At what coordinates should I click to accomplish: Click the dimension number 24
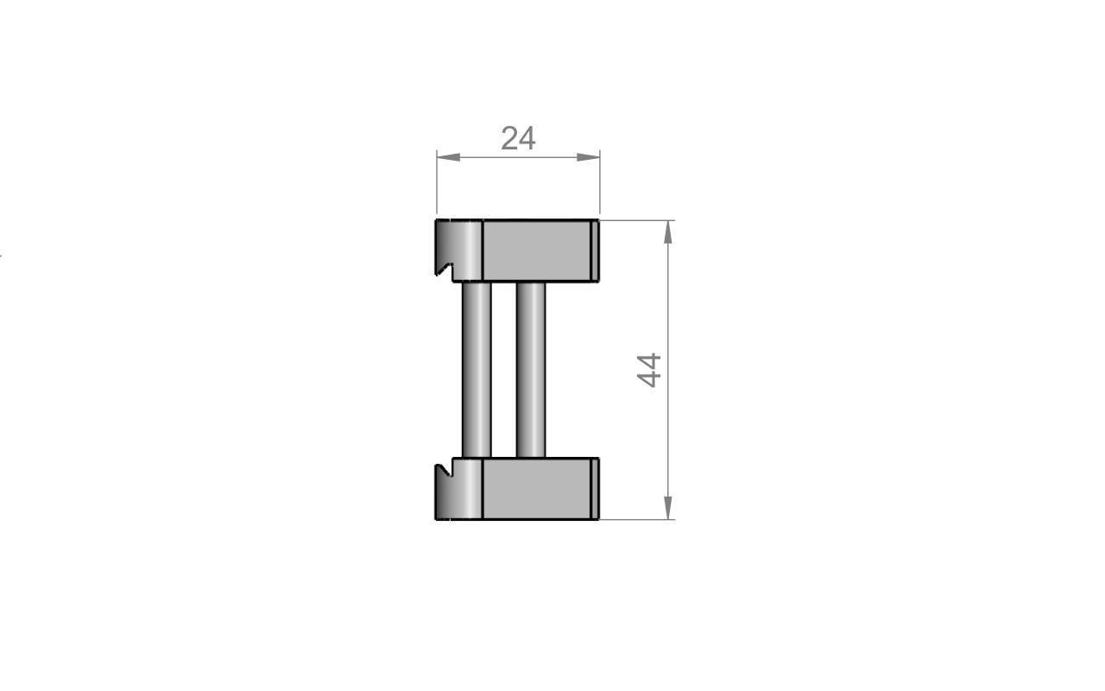tap(518, 139)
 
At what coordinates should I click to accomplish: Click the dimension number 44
tap(649, 371)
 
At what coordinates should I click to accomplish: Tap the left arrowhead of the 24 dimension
tap(448, 157)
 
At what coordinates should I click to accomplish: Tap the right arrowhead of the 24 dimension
tap(588, 157)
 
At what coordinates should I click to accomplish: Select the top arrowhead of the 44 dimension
tap(668, 232)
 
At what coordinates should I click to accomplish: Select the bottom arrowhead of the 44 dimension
tap(668, 508)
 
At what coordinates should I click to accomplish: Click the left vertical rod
tap(477, 371)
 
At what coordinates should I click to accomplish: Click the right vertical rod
tap(531, 371)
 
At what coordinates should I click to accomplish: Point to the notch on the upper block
tap(445, 270)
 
